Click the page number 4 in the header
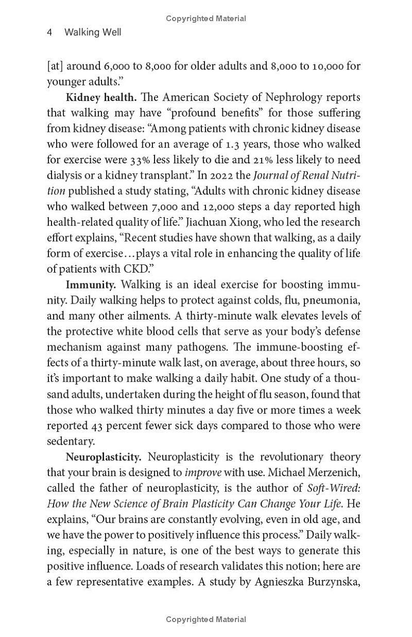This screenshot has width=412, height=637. pyautogui.click(x=49, y=32)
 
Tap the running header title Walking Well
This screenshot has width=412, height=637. pyautogui.click(x=93, y=32)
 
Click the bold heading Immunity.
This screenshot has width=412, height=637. pyautogui.click(x=91, y=284)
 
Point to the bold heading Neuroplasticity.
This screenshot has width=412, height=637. pyautogui.click(x=104, y=457)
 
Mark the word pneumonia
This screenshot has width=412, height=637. pyautogui.click(x=333, y=300)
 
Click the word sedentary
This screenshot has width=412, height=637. pyautogui.click(x=71, y=441)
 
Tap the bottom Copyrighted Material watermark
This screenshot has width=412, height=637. pyautogui.click(x=206, y=619)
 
